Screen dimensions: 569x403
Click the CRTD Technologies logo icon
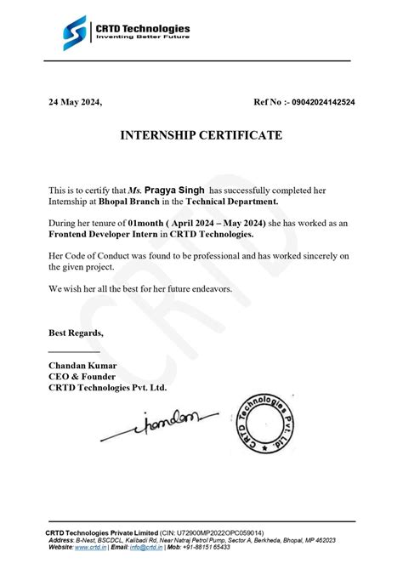click(74, 33)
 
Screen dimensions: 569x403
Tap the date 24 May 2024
click(74, 102)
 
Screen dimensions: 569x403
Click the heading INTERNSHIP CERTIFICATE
click(201, 135)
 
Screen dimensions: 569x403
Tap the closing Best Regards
click(76, 332)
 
